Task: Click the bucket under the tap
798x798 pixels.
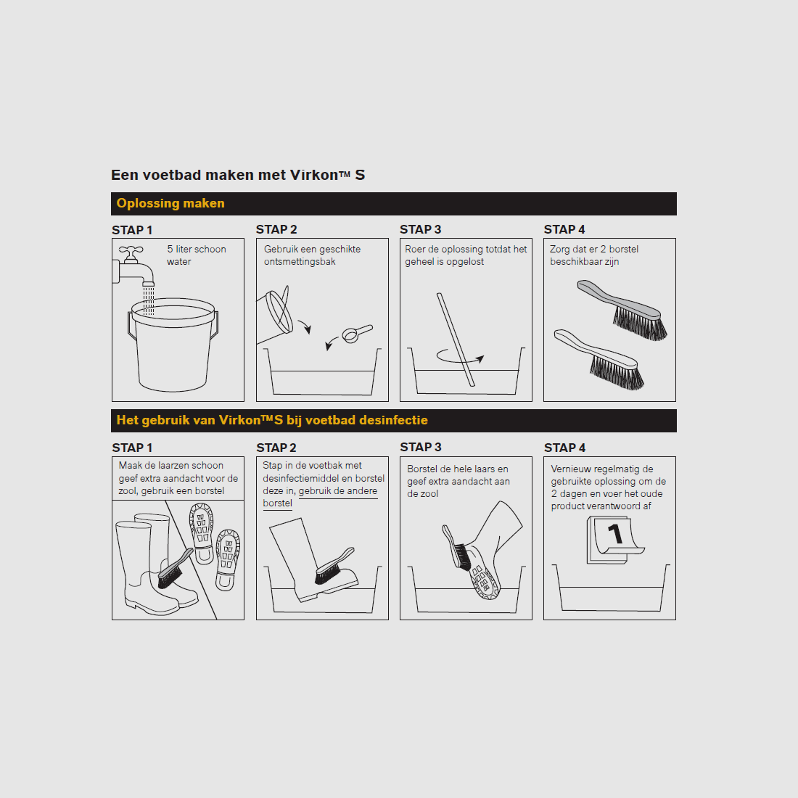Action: click(x=173, y=345)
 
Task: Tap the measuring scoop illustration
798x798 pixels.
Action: click(x=357, y=334)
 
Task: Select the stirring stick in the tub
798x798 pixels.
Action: click(x=456, y=340)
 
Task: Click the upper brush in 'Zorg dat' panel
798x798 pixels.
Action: click(x=622, y=310)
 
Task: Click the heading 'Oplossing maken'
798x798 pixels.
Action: click(x=170, y=204)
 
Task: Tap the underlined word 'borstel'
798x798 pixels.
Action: click(x=277, y=503)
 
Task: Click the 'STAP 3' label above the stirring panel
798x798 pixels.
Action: click(x=420, y=229)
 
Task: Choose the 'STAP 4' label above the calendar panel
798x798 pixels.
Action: click(x=564, y=448)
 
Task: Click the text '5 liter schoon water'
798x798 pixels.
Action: click(x=197, y=255)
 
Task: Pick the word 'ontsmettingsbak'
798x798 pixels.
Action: click(x=300, y=262)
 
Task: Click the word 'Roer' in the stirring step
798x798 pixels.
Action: click(x=415, y=250)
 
